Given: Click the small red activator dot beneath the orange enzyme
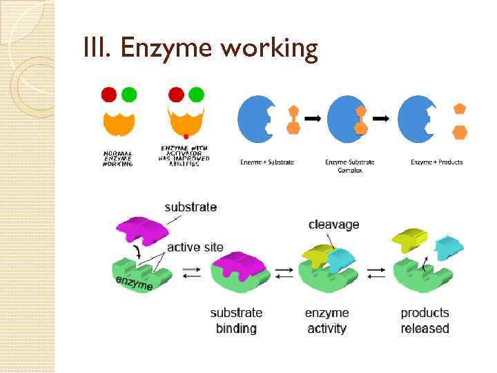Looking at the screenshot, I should (x=186, y=136).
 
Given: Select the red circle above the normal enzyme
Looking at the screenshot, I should (x=109, y=94).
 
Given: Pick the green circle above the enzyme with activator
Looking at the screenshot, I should (x=196, y=94).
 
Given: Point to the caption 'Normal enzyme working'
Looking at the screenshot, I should (x=118, y=157).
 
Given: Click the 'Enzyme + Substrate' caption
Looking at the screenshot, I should (x=267, y=162).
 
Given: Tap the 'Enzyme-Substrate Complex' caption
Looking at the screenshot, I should (x=350, y=166).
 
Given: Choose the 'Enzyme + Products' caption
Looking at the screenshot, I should (x=437, y=162).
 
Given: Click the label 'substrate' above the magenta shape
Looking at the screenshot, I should (x=191, y=207).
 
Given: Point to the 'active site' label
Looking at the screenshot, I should (x=195, y=247).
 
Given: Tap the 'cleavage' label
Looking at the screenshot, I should (x=333, y=224).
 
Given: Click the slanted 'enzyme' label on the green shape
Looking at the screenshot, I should (x=134, y=282).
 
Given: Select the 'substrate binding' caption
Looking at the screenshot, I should (x=237, y=321).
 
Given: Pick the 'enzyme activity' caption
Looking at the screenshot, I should (x=327, y=321).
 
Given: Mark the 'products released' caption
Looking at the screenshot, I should (x=425, y=321).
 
